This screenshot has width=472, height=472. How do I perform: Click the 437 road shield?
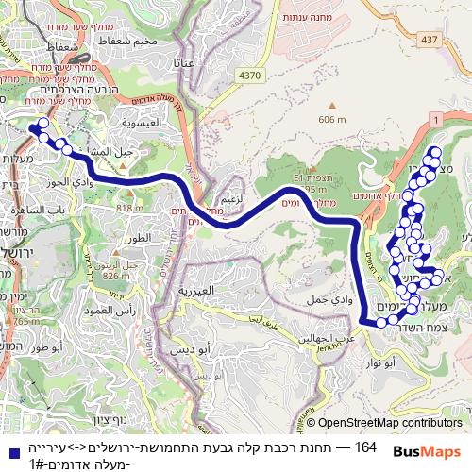click(430, 39)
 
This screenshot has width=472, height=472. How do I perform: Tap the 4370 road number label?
click(251, 75)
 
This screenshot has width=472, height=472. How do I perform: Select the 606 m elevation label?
click(333, 119)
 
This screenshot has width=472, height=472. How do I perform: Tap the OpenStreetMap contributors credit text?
click(389, 423)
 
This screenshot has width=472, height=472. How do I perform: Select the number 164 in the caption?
click(365, 446)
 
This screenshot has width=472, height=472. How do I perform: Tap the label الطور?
click(137, 240)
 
